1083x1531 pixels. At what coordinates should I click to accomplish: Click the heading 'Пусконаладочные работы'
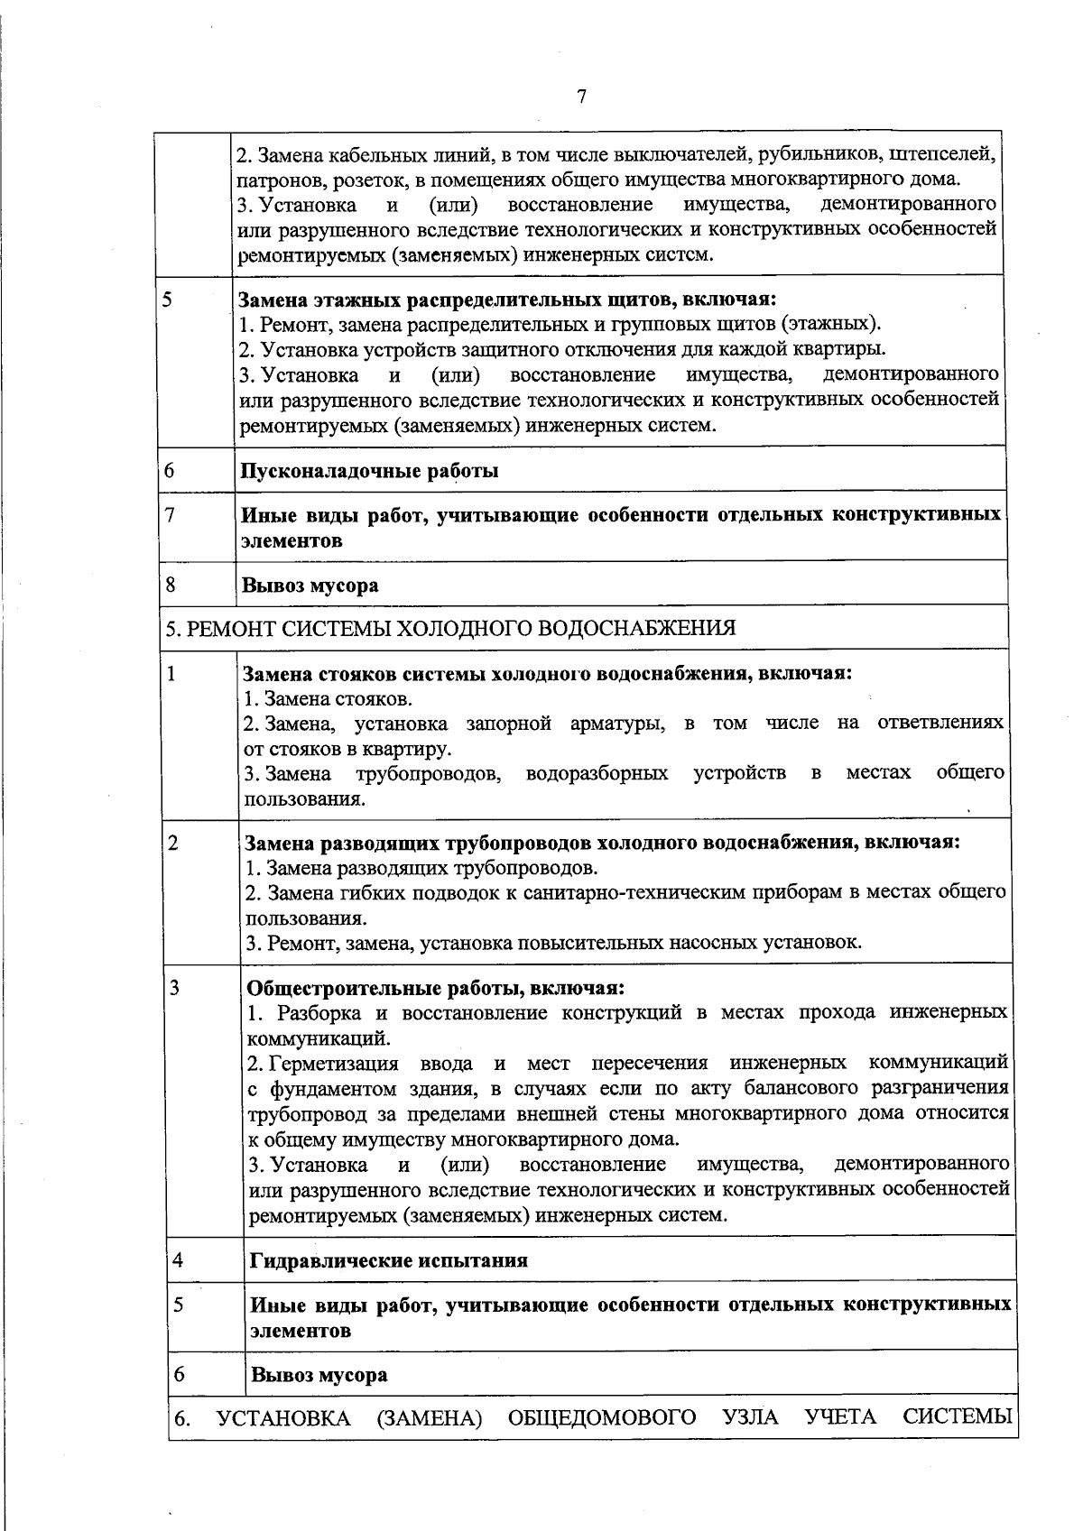[370, 470]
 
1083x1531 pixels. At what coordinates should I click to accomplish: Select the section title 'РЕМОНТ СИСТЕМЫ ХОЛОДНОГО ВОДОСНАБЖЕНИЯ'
[461, 628]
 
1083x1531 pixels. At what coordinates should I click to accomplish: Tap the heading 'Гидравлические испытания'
[389, 1260]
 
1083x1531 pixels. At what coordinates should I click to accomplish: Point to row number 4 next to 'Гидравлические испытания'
[178, 1259]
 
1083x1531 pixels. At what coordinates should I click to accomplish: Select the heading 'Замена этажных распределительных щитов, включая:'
[508, 299]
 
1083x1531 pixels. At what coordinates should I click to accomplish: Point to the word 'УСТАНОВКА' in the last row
[284, 1417]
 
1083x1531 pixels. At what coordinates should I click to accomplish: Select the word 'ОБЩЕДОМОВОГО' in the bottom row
[602, 1417]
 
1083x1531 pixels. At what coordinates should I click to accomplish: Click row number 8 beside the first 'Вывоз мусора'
[171, 584]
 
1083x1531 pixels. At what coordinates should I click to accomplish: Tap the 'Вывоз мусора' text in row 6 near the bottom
[319, 1375]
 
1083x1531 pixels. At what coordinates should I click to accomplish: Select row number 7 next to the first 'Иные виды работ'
[170, 514]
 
